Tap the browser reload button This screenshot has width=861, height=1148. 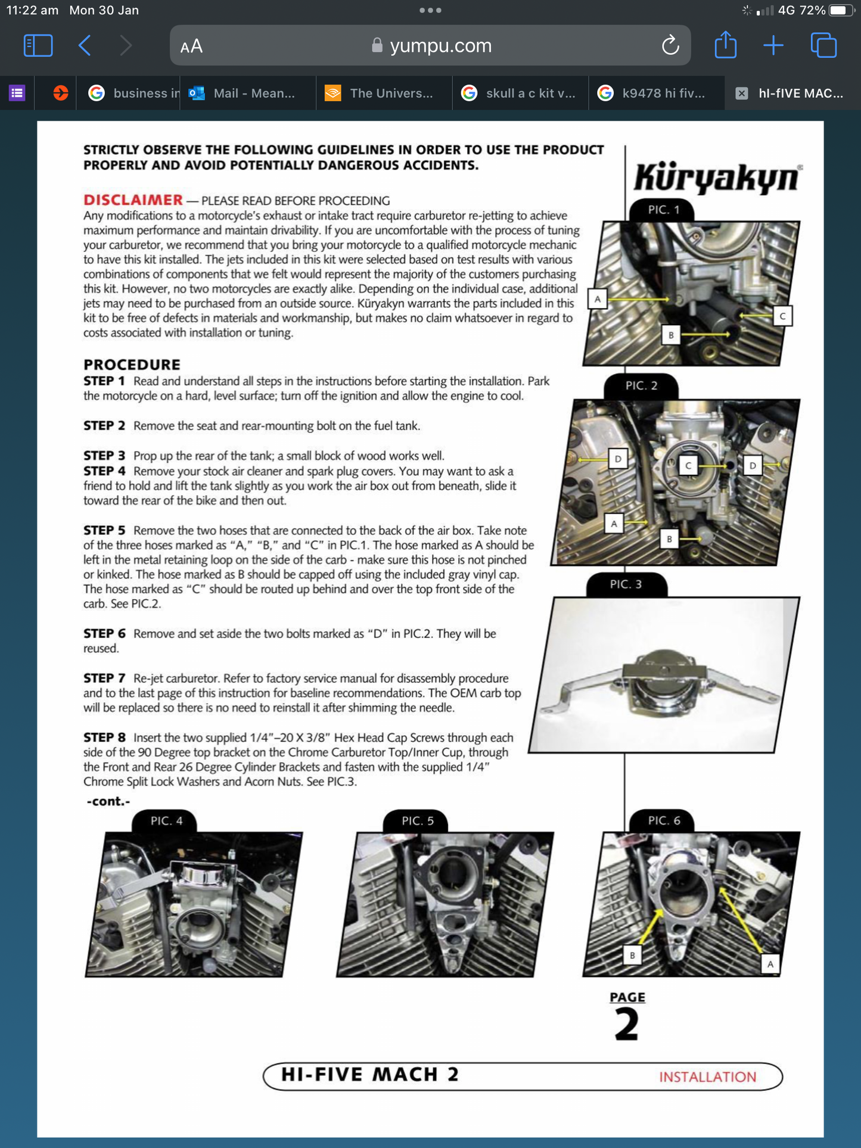pos(670,45)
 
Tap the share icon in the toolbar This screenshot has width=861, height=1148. pos(725,45)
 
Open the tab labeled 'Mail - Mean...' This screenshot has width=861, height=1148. pos(247,93)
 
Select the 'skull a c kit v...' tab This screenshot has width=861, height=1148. pos(520,93)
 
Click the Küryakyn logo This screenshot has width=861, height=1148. pos(716,178)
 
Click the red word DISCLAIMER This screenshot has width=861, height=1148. pos(133,200)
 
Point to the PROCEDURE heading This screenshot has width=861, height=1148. pos(132,364)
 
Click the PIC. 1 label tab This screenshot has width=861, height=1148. pos(663,210)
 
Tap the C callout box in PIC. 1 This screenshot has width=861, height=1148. pos(782,316)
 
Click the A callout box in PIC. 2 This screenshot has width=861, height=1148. pos(614,524)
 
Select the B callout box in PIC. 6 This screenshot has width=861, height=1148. pos(632,955)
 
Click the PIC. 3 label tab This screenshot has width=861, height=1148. pos(626,584)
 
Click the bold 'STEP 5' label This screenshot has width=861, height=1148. pos(104,530)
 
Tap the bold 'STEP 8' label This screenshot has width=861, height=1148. pos(104,738)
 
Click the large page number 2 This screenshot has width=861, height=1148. pos(626,1024)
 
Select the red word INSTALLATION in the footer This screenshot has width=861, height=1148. pos(707,1077)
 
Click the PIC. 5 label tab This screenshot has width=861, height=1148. pos(417,821)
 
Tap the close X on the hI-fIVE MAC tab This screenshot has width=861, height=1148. pos(741,93)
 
